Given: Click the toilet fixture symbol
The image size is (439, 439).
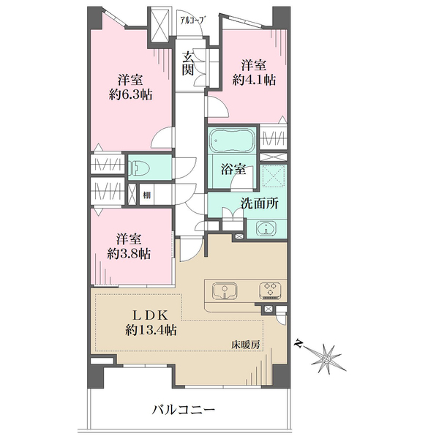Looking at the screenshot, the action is tap(139, 168).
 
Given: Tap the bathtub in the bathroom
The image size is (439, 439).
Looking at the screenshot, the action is tap(233, 140).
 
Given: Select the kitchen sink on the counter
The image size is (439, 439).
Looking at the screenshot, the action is tap(225, 291).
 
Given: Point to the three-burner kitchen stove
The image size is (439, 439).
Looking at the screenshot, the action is tap(270, 290).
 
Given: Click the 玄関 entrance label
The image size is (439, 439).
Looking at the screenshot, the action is tap(187, 64).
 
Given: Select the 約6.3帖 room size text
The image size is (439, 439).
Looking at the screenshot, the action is tap(130, 95).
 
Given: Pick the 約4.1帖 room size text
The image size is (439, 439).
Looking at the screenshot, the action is tap(254, 80).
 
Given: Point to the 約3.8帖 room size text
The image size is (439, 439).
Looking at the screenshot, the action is tap(129, 254).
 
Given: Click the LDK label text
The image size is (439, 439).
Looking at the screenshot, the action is tap(150, 316).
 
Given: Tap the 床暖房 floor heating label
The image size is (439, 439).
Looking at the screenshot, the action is tap(246, 345).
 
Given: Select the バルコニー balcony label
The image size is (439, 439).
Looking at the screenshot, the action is tap(184, 410).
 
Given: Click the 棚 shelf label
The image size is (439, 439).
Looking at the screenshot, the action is tap(147, 195).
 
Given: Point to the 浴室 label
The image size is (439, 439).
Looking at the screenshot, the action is tap(233, 170).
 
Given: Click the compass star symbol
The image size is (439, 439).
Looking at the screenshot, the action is tap(326, 359).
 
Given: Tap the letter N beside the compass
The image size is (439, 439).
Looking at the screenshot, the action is tap(299, 344).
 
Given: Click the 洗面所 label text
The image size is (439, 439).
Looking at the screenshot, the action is tap(260, 203).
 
